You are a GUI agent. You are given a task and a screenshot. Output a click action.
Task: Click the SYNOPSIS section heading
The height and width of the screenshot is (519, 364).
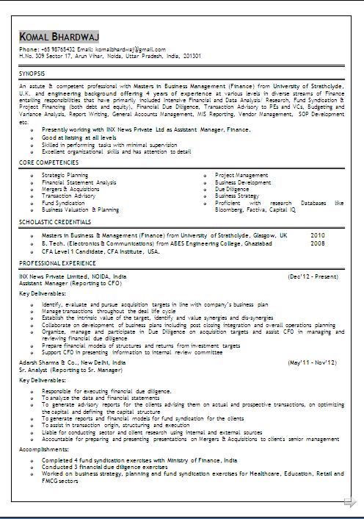(x=32, y=74)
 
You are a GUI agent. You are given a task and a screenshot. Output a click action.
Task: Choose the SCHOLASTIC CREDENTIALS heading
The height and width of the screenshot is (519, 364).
(x=55, y=221)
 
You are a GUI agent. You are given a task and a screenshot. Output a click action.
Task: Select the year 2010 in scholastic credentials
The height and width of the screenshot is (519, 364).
(x=317, y=235)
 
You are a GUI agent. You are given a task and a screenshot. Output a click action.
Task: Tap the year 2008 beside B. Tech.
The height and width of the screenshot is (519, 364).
(x=317, y=243)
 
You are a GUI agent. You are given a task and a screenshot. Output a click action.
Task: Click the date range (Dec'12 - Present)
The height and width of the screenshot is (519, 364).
(x=313, y=276)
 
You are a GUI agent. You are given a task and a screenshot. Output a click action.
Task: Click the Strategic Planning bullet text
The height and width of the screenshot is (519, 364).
(x=65, y=176)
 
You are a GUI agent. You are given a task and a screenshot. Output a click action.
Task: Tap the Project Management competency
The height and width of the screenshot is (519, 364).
(x=241, y=176)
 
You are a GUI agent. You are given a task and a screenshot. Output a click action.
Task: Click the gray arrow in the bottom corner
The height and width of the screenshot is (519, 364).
(x=350, y=503)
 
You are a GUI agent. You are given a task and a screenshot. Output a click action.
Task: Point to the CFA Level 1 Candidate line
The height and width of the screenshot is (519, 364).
(x=101, y=251)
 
